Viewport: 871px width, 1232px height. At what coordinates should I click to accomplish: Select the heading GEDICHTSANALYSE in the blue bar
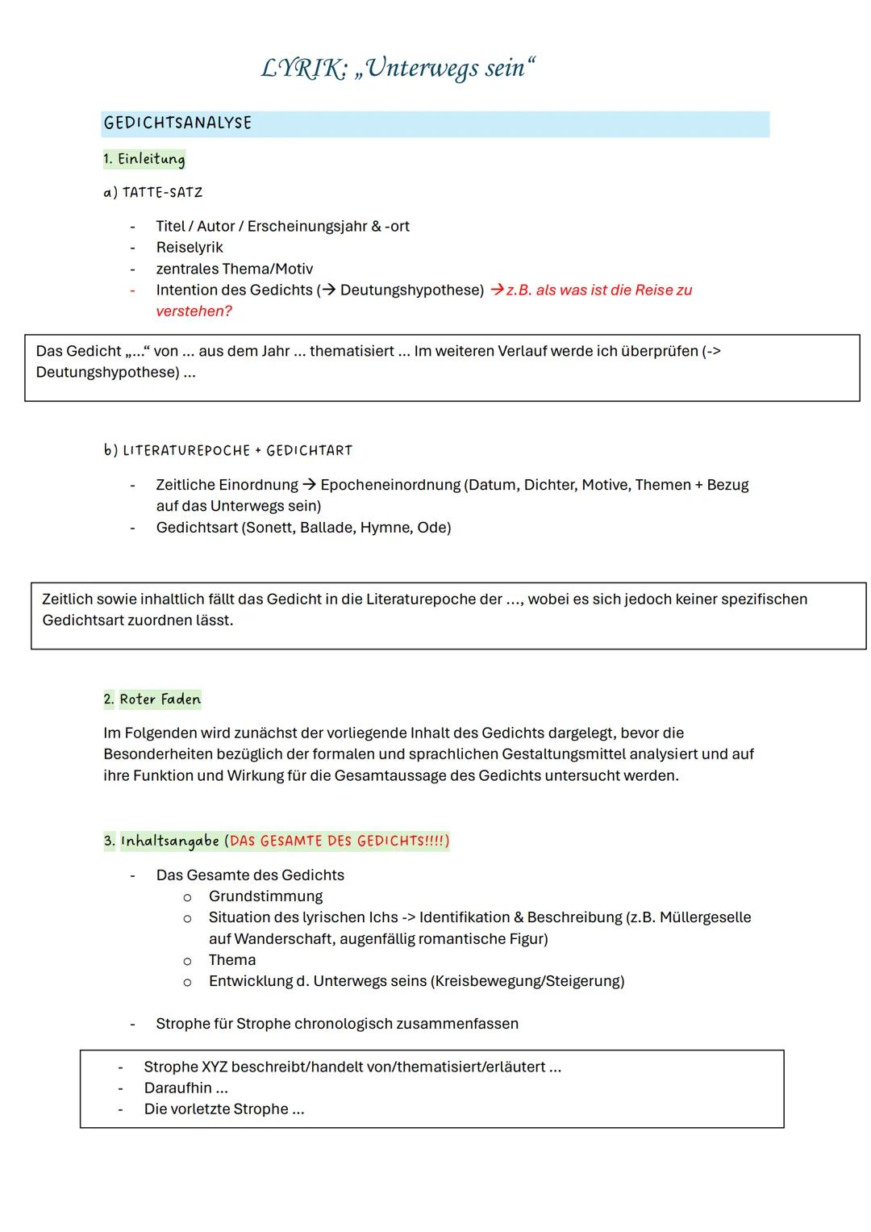pos(177,123)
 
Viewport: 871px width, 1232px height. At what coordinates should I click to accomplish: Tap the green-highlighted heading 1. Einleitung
pos(144,159)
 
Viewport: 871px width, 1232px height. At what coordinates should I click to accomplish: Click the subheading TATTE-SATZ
pos(162,193)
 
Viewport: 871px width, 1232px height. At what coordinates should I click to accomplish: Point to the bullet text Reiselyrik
pos(190,248)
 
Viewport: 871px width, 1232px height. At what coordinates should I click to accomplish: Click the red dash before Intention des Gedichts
pos(132,290)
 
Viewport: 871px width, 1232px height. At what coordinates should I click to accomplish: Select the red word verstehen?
pos(194,311)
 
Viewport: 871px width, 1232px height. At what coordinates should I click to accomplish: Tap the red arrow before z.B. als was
pos(497,290)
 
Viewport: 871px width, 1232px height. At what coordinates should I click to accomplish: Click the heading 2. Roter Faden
pos(152,700)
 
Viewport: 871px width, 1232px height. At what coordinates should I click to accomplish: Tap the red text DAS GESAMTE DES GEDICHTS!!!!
pos(336,842)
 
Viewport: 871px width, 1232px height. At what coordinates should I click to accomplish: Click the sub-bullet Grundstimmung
pos(265,896)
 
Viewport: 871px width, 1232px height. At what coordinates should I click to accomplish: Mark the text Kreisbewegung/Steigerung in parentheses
pos(527,981)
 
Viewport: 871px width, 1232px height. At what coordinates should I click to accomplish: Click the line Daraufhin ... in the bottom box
pos(185,1088)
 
